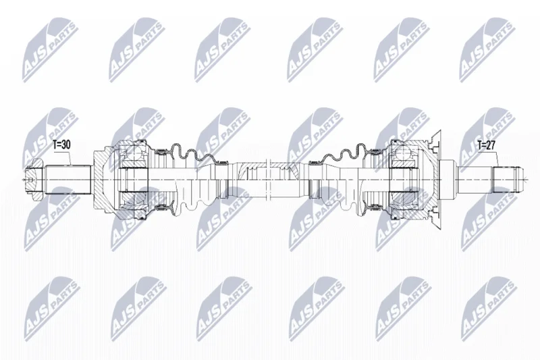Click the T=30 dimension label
61,145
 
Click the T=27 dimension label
486,145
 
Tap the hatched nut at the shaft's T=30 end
34,180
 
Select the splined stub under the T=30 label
68,180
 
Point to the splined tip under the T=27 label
507,179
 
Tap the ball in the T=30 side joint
132,151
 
